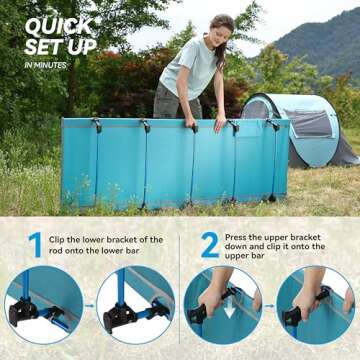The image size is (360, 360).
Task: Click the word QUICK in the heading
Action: point(59,27)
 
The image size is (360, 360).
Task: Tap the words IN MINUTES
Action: point(45,65)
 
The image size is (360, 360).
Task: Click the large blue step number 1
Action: point(35,245)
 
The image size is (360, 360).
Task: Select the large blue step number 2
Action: point(210,245)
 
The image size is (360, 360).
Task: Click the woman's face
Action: point(223,34)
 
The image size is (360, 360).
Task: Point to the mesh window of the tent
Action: point(308,123)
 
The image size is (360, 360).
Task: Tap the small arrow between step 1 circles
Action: point(89,305)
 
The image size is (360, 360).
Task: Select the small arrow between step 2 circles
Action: point(269,306)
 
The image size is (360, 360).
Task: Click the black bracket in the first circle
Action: point(23,311)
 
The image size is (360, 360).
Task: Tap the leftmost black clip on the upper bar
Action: point(97,125)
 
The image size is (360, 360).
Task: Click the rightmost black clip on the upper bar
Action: point(274,124)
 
